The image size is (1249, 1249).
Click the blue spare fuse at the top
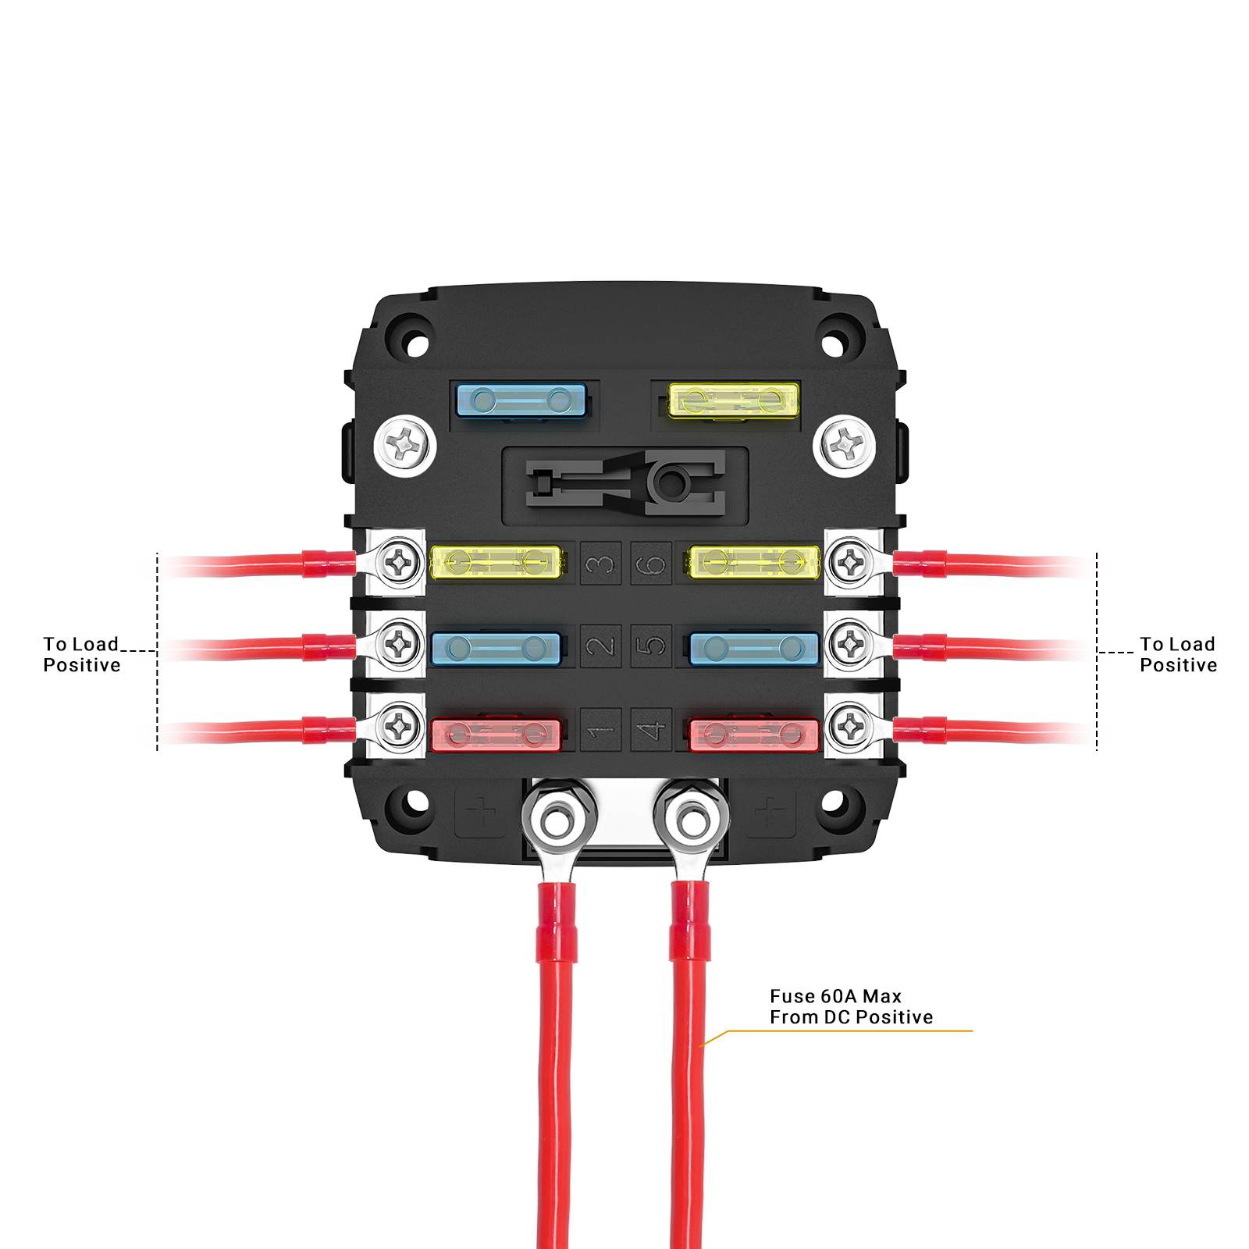pos(521,401)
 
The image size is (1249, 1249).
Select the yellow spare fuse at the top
pos(735,401)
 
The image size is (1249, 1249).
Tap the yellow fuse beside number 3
pos(496,562)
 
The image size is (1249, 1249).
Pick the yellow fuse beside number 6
pos(754,562)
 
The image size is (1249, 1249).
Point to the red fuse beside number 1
pos(496,735)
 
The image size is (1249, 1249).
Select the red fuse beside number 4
pos(754,735)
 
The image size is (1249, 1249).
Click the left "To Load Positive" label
pos(82,654)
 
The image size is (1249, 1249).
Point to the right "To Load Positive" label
pos(1178,654)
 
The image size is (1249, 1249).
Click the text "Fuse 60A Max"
pos(835,996)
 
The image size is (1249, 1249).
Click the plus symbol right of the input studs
pos(771,813)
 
